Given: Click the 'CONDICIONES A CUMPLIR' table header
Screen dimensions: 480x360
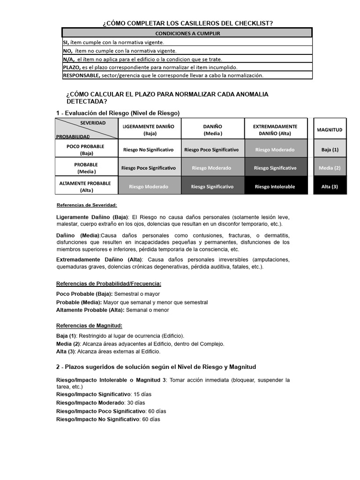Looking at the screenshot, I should [x=187, y=33].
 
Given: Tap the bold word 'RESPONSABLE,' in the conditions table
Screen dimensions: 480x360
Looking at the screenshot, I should [x=82, y=75].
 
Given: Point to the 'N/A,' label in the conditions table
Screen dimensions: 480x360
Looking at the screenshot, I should [x=69, y=59].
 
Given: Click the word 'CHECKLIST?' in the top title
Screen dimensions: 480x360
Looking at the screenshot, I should [x=251, y=23].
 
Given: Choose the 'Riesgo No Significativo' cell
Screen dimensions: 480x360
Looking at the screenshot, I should [x=149, y=150].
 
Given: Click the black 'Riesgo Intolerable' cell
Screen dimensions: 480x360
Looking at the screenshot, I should [x=275, y=187].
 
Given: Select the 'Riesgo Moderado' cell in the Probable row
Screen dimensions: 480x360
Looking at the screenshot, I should [x=211, y=168].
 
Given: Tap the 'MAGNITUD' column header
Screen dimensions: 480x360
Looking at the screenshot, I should [x=330, y=129].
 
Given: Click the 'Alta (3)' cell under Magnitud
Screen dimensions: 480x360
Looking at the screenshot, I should [x=330, y=187].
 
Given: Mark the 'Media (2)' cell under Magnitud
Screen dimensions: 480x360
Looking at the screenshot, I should [x=330, y=168].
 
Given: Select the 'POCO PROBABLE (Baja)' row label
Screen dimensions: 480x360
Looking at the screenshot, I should [x=86, y=150].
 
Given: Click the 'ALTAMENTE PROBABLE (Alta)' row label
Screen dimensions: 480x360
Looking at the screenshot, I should [x=86, y=186].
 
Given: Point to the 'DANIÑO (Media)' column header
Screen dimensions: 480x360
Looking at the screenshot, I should [x=212, y=129].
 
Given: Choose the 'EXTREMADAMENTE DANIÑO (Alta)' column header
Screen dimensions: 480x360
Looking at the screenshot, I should [x=275, y=129].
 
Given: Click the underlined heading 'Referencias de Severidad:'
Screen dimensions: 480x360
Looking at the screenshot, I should [x=87, y=205].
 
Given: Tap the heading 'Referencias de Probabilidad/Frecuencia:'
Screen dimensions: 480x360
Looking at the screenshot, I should [x=109, y=284].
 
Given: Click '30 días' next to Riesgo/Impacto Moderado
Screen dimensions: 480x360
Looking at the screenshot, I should [x=135, y=403].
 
